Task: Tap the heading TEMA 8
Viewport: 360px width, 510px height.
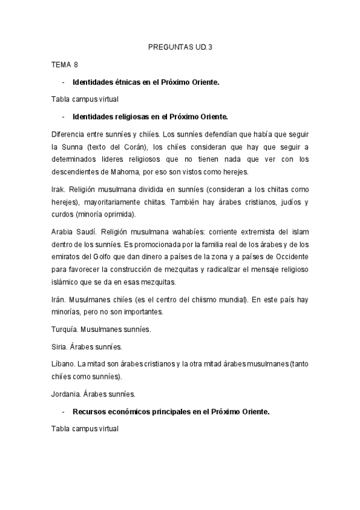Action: click(65, 64)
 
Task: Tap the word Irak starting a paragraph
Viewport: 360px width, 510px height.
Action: click(58, 189)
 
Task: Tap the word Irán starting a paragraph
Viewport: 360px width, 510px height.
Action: click(58, 300)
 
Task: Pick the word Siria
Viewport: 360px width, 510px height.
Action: click(59, 347)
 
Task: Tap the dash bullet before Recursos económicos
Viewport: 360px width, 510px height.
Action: click(63, 413)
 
